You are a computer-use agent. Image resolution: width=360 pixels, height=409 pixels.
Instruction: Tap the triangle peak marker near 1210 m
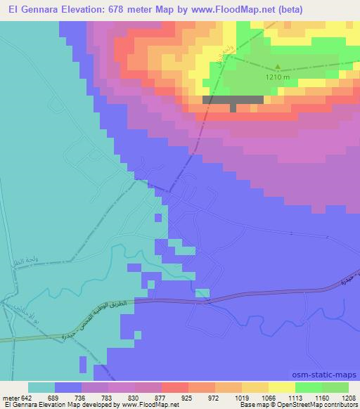(277, 68)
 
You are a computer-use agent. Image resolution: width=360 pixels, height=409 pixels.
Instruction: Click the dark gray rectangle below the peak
(233, 100)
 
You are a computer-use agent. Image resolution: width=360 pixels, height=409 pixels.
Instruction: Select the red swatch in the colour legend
(175, 387)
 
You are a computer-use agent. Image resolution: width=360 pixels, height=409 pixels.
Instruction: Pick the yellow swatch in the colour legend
(282, 387)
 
